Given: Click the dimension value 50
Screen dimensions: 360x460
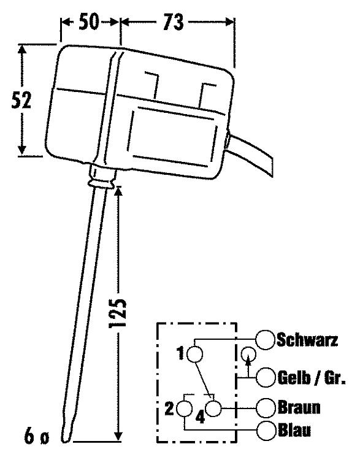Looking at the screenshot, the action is [x=89, y=21].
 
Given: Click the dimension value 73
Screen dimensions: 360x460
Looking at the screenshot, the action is [x=174, y=22].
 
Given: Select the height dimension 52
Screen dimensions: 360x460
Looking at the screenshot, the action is [x=21, y=101].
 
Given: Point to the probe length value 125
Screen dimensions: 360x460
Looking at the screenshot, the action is [x=117, y=313].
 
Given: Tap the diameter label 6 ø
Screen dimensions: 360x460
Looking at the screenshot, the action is [x=36, y=437].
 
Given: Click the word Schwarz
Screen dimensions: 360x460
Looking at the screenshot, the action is [x=307, y=340].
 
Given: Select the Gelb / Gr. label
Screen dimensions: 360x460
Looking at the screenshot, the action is [x=312, y=378].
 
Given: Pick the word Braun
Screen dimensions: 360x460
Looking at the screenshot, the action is [x=299, y=407].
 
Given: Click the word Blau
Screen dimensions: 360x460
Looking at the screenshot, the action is [x=294, y=431].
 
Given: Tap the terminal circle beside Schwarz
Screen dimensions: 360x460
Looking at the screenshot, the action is [x=265, y=340].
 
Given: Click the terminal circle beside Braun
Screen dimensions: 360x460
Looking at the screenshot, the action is [x=266, y=408].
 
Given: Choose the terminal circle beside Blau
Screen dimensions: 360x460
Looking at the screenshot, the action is [x=266, y=431].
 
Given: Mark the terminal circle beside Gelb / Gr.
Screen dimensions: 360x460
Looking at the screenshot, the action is [x=266, y=378].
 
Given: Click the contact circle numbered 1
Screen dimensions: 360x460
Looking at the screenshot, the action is [x=194, y=354].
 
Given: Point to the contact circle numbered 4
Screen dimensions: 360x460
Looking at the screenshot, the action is [x=213, y=408].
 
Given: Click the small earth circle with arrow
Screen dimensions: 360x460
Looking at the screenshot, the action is [x=248, y=354].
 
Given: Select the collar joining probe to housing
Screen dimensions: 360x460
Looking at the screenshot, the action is [x=102, y=177].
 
